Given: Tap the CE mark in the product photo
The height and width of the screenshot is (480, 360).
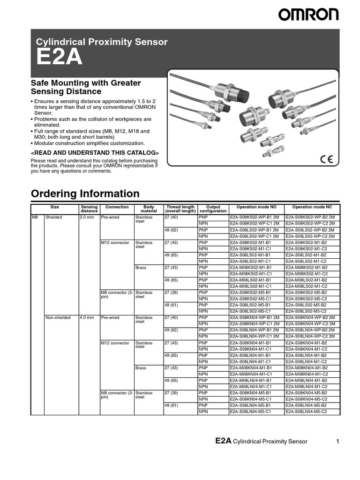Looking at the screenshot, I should click(326, 159).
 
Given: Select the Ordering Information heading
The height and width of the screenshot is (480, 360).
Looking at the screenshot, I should click(85, 194).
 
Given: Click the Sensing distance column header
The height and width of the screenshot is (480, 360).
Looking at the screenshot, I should click(89, 209).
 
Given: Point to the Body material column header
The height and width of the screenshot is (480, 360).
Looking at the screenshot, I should click(149, 209).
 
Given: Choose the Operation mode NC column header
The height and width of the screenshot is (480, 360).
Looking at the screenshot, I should click(312, 207).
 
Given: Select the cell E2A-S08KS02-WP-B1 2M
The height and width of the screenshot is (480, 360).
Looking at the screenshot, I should click(254, 217).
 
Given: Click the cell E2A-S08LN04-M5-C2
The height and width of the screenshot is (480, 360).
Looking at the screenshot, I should click(306, 411).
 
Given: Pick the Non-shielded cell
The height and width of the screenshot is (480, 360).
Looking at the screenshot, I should click(58, 317).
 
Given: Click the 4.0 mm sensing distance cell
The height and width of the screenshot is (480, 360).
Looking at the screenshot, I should click(87, 317).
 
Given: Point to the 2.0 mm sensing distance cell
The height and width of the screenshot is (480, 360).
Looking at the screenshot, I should click(87, 217).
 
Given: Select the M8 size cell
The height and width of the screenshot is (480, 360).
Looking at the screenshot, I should click(35, 217).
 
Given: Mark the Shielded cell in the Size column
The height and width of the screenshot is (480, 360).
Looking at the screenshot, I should click(54, 217).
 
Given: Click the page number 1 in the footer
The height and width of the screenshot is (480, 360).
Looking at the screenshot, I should click(337, 441).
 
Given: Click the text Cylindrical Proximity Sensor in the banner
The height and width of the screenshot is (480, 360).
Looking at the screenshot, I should click(102, 42).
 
